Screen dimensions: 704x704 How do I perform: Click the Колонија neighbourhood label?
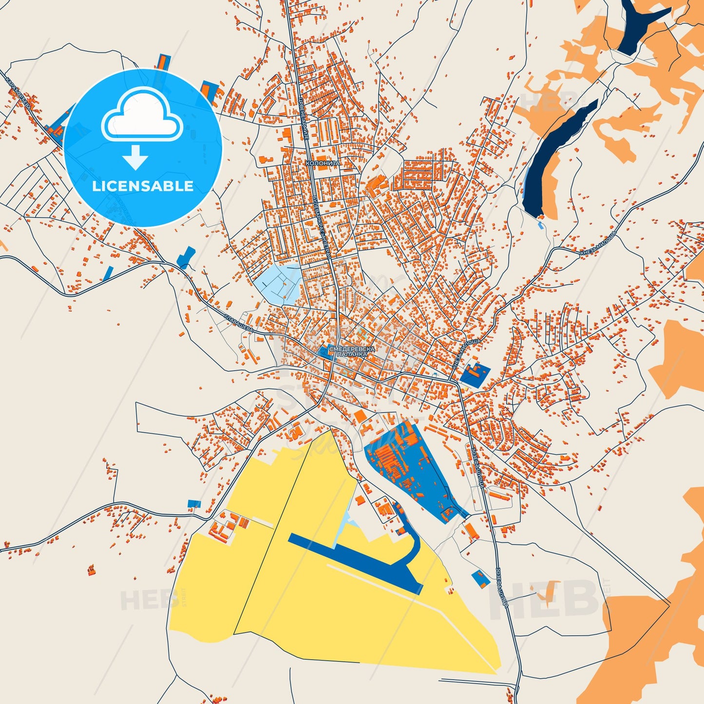322,163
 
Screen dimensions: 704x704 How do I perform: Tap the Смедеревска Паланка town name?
352,352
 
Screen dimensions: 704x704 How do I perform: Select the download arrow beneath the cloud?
135,157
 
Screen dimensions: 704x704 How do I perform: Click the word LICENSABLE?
143,186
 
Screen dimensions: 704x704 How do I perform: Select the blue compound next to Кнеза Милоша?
474,374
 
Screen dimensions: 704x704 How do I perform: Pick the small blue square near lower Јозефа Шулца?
480,578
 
